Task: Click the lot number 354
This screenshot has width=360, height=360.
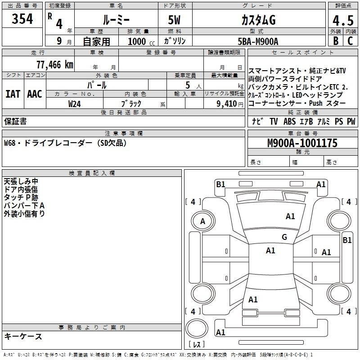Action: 22,18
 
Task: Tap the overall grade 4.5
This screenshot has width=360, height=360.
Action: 343,21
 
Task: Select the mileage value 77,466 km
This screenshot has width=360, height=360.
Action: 55,65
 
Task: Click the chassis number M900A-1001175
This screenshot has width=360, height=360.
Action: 302,143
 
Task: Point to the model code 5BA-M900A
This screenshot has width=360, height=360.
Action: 258,41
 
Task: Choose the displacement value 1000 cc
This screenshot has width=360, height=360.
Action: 141,42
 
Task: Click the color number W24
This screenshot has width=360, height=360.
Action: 74,104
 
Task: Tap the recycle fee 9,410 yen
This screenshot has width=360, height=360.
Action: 229,104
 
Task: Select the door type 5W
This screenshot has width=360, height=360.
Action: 174,20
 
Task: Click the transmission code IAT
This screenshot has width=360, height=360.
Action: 13,94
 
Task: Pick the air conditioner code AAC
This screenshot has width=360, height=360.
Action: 35,94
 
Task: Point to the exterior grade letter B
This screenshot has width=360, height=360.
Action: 336,41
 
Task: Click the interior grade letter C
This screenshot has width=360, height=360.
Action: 350,41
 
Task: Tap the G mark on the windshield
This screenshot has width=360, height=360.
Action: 284,237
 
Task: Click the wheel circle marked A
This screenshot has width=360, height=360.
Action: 203,221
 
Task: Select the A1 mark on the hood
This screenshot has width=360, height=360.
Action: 290,216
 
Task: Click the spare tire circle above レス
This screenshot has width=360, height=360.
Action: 197,329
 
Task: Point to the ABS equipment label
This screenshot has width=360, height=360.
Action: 289,121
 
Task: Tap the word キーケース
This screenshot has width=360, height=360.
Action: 23,336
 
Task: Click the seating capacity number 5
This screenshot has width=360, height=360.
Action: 188,85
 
